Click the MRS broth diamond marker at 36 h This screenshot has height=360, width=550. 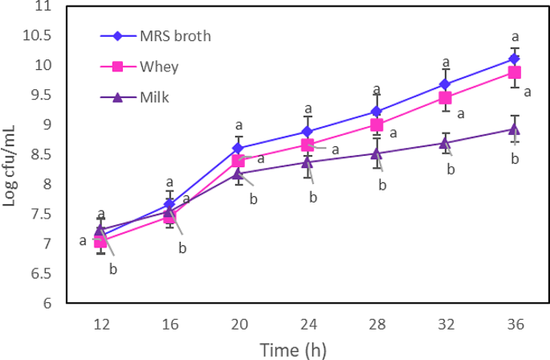pos(515,59)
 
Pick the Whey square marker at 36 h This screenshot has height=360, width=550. pos(515,72)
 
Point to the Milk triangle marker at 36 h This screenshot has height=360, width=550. pos(515,129)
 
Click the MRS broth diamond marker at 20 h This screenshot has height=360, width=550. pos(238,148)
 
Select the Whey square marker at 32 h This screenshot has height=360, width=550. pos(446,98)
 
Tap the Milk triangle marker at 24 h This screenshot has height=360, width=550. pos(308,162)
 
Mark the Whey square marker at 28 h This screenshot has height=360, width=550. pos(377,125)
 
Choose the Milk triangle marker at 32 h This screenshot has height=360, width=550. pos(446,143)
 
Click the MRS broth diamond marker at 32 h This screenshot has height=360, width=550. pos(446,84)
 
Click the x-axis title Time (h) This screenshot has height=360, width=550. pos(292,350)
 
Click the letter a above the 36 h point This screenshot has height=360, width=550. pos(515,36)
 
